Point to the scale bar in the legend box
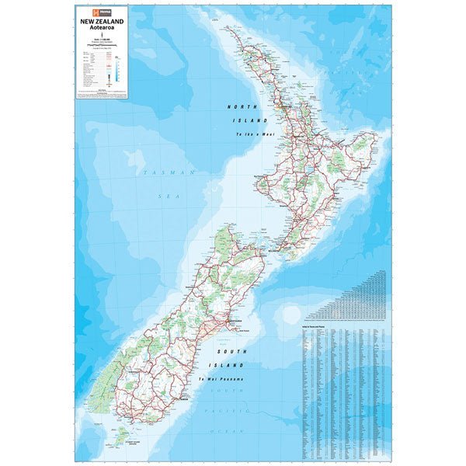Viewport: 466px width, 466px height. (103, 46)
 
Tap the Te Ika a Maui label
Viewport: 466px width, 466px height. (256, 135)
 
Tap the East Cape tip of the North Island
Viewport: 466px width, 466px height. (380, 140)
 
